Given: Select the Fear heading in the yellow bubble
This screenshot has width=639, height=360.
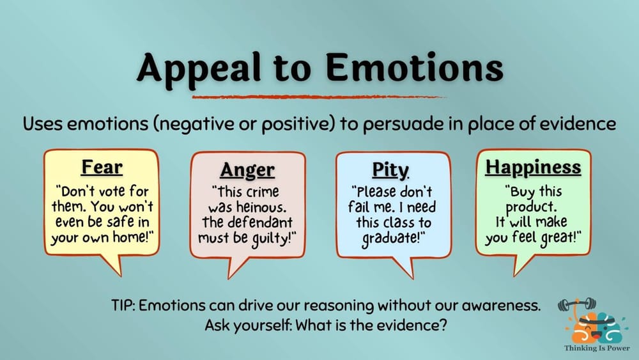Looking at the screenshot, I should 102,168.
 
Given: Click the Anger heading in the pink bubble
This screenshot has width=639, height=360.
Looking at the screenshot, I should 247,170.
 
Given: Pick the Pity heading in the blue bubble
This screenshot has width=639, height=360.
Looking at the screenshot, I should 390,170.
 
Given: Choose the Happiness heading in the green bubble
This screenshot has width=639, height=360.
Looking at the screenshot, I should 534,168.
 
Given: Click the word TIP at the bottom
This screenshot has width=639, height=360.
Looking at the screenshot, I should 123,305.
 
